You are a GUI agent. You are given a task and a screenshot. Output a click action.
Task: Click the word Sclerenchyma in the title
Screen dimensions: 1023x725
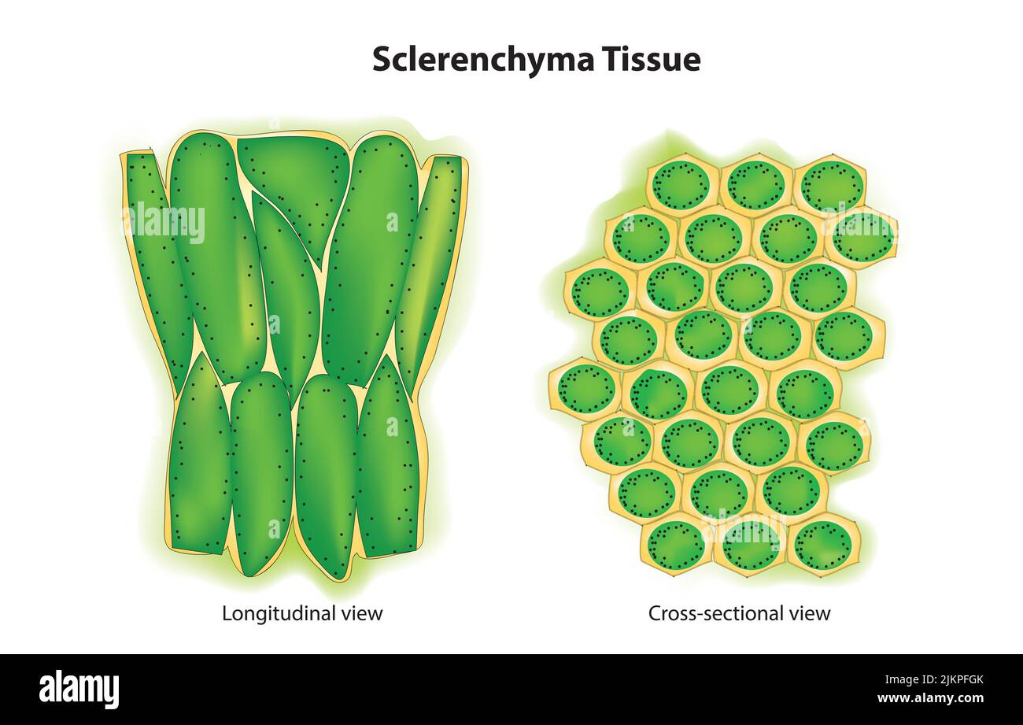click(482, 61)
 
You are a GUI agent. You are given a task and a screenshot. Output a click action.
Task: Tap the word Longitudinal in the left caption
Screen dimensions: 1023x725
click(281, 613)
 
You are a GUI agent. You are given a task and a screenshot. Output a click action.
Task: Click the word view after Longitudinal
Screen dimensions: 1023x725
click(364, 614)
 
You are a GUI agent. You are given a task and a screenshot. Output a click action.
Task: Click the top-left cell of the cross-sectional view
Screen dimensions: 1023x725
click(682, 187)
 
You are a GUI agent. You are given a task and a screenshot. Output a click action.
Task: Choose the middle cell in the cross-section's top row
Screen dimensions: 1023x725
click(756, 187)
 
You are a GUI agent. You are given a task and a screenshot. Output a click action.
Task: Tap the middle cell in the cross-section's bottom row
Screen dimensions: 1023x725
click(751, 547)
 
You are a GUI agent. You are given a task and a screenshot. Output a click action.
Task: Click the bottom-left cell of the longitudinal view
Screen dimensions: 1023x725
click(200, 457)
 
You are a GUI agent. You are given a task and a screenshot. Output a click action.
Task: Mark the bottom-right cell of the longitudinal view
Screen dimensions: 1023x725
click(386, 461)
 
